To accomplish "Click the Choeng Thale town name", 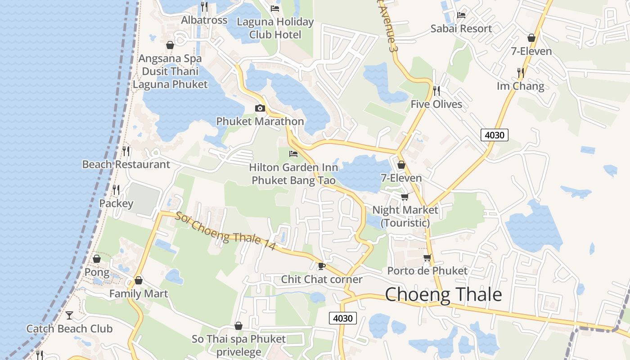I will tap(443, 295).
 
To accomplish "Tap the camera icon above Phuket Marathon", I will tap(260, 108).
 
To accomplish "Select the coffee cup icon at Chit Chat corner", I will tap(321, 266).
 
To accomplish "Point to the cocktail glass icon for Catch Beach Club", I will tap(69, 315).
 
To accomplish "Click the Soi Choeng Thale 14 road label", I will tap(225, 229).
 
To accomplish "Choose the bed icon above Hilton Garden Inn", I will tap(293, 154).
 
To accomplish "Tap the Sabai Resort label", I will tap(461, 29).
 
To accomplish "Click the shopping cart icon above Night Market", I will tap(405, 197).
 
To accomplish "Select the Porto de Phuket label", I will tap(427, 271).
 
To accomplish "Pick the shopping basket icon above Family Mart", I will tap(139, 280).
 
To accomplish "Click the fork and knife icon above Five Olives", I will tap(436, 90).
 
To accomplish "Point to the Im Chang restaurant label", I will tap(520, 86).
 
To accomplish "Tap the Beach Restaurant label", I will tap(126, 165).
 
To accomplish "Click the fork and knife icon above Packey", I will tap(116, 190).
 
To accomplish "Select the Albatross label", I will tap(204, 20).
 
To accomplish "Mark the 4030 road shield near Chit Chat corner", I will tap(343, 318).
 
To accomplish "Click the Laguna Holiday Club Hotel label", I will tap(275, 28).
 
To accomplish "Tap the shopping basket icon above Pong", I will tap(97, 259).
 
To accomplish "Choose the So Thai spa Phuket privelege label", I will tap(238, 345).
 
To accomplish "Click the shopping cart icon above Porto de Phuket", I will tap(427, 258).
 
